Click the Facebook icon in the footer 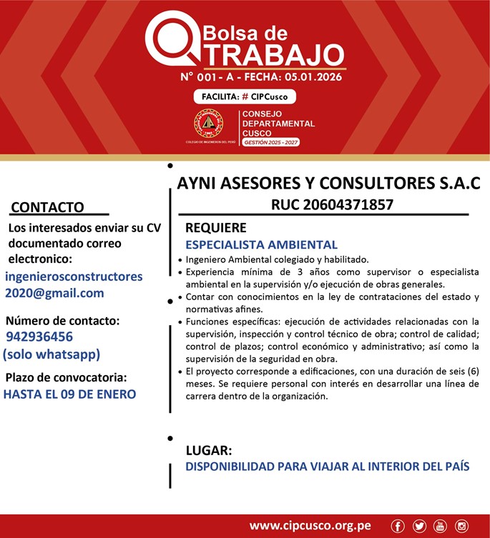click(x=398, y=526)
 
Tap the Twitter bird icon click(x=419, y=526)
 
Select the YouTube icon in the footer click(x=440, y=526)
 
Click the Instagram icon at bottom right click(x=461, y=526)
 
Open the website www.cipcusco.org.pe click(x=310, y=526)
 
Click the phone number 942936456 click(x=39, y=337)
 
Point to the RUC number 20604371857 click(x=333, y=205)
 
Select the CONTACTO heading click(x=48, y=207)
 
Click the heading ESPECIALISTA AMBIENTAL click(x=261, y=244)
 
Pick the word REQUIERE click(x=216, y=229)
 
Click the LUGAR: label click(x=209, y=451)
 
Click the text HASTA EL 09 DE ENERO click(x=69, y=393)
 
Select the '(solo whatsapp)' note click(x=52, y=354)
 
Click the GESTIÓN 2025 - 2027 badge click(x=271, y=143)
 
